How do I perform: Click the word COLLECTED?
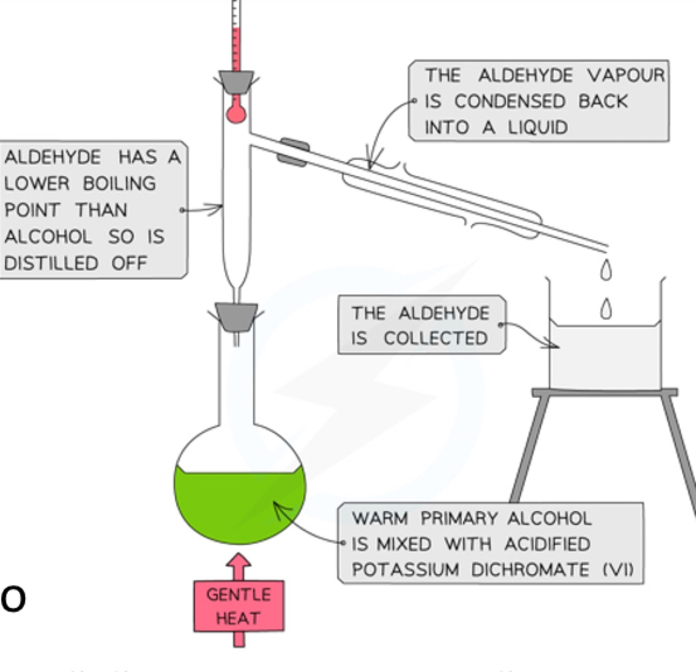[436, 339]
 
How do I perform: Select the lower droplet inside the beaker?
[605, 309]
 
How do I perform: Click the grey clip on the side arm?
[293, 152]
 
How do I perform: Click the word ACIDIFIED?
[547, 544]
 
